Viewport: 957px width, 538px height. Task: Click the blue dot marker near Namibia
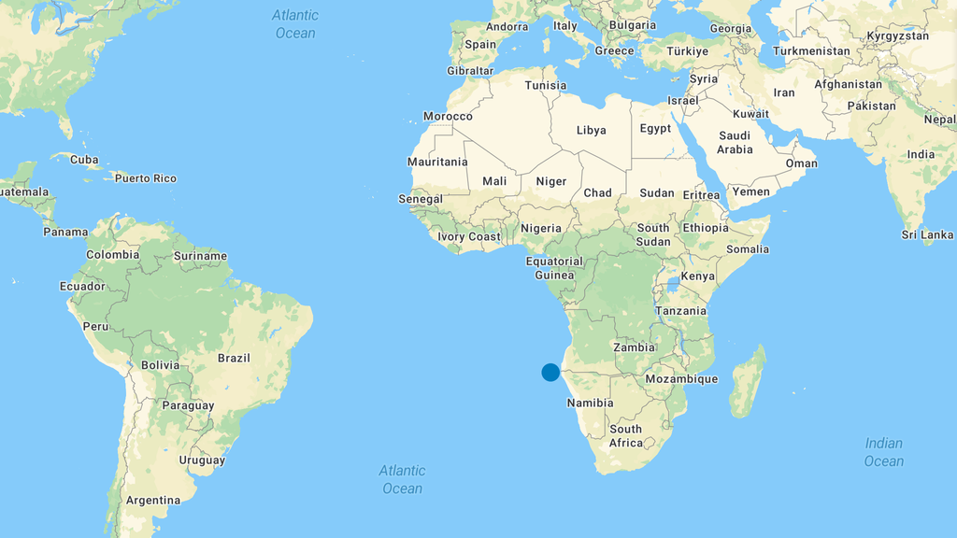click(x=550, y=372)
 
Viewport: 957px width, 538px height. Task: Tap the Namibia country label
click(x=590, y=403)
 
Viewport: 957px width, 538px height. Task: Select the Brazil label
click(x=234, y=358)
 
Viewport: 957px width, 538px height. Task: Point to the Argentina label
click(x=152, y=500)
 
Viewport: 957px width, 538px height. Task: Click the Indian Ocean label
click(x=883, y=452)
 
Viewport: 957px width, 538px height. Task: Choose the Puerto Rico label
click(x=145, y=178)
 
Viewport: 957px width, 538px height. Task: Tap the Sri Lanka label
click(x=927, y=234)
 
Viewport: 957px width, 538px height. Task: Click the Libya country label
click(x=591, y=130)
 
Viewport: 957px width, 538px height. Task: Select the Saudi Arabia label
click(x=735, y=142)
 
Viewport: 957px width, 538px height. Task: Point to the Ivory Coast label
click(x=469, y=236)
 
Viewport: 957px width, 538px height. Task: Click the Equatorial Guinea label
click(x=554, y=268)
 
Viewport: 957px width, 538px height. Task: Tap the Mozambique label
click(x=681, y=378)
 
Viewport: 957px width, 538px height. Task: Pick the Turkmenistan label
click(x=811, y=51)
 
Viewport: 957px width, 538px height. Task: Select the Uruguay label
click(x=202, y=460)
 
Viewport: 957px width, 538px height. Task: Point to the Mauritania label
click(x=437, y=162)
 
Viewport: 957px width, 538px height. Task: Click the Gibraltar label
click(x=470, y=70)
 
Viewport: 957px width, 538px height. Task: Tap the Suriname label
click(x=200, y=255)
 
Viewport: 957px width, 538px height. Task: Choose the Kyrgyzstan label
click(x=897, y=35)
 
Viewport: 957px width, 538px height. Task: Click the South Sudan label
click(x=653, y=234)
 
